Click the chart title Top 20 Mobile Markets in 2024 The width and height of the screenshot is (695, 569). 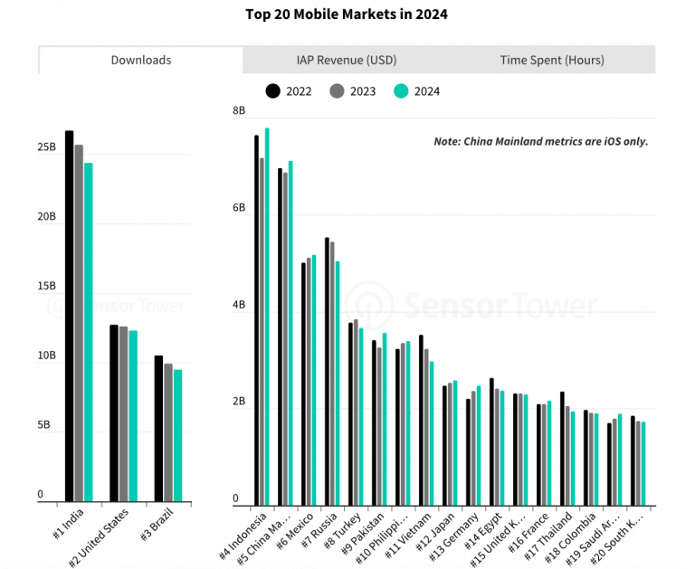coord(347,14)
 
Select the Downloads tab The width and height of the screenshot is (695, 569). coord(141,61)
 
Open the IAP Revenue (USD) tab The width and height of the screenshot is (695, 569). coord(347,61)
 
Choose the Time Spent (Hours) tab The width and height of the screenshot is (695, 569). coord(552,61)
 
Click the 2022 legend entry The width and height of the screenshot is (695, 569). coord(289,90)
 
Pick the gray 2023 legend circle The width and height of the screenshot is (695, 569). coord(336,90)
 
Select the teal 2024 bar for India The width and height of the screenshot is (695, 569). coord(89,331)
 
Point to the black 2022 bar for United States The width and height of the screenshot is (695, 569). coord(114,412)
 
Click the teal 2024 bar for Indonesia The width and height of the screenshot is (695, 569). coord(267,316)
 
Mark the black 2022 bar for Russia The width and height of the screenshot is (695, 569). coord(327,371)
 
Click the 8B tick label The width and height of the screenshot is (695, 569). coord(239,110)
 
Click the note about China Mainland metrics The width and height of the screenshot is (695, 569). coord(540,142)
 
